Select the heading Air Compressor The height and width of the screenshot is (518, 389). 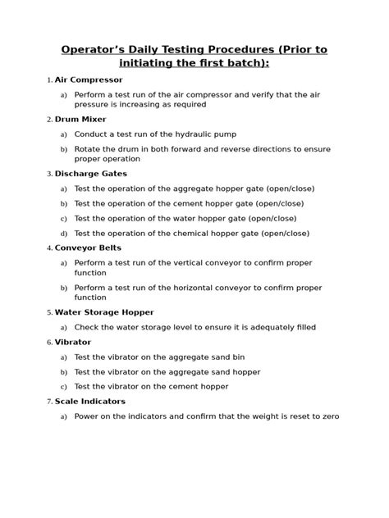pos(88,80)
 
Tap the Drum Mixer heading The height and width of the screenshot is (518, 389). pos(80,120)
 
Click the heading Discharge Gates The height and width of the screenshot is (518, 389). pos(90,174)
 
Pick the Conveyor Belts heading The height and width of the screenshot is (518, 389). pos(88,248)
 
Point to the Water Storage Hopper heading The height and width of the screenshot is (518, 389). pos(104,312)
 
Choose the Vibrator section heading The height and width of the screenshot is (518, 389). pos(73,342)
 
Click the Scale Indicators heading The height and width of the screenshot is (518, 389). pos(89,401)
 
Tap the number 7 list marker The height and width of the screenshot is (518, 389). pos(49,401)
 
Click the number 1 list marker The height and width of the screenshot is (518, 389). pos(49,80)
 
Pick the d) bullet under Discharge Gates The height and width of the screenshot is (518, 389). pos(63,233)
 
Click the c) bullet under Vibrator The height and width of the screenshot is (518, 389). pos(63,386)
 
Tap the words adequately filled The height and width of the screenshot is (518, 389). pos(281,327)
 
